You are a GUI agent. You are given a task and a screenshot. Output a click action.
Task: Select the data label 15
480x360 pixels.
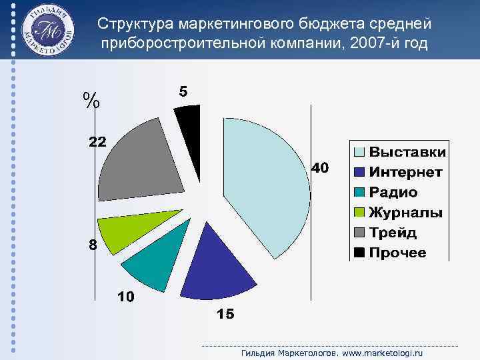coord(225,315)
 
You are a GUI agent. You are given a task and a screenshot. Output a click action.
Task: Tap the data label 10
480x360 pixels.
coord(126,297)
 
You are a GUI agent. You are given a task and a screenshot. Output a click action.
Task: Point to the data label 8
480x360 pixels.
coord(93,245)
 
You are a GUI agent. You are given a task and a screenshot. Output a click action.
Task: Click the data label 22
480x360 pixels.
coord(97,141)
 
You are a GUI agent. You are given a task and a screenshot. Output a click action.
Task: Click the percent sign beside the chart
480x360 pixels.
coord(92,101)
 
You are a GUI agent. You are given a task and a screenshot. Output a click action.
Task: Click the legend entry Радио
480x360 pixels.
coord(393,193)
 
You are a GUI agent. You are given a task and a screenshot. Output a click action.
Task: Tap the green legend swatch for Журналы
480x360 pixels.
coord(359,213)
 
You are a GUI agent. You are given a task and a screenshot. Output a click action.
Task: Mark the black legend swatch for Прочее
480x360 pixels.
coord(359,253)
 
